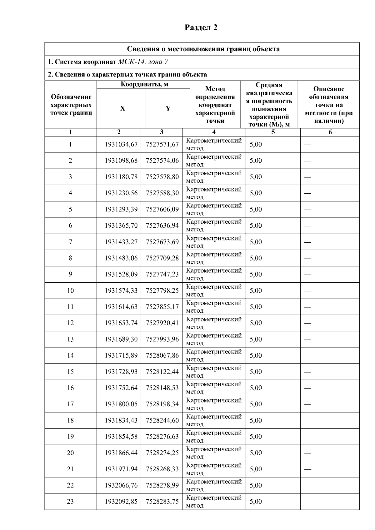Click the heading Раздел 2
[201, 27]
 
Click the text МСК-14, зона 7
[143, 62]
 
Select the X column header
[122, 108]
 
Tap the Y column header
[168, 108]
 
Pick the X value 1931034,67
[121, 144]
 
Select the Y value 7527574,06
[162, 161]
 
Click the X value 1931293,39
[121, 209]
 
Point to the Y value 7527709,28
[162, 258]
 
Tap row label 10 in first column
[70, 290]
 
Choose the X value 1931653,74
[121, 323]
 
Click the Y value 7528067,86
[162, 355]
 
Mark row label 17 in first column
[70, 404]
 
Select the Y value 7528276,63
[162, 437]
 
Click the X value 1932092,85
[121, 502]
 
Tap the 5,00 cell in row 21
[256, 469]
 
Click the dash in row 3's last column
[308, 177]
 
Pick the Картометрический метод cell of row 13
[214, 339]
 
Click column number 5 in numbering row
[273, 132]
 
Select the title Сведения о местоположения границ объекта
[203, 49]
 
